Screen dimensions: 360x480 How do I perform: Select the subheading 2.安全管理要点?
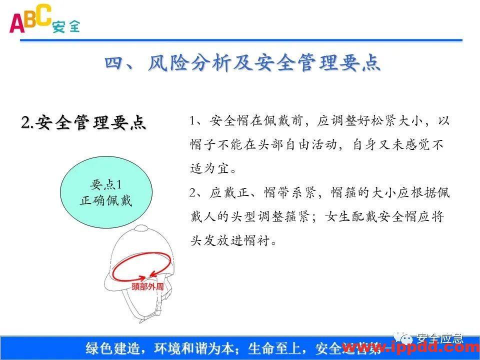click(x=83, y=122)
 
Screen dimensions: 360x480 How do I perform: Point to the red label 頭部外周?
click(x=147, y=287)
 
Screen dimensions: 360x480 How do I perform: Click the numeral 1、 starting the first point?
click(x=196, y=121)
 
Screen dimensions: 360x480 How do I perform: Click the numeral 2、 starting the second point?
click(x=196, y=193)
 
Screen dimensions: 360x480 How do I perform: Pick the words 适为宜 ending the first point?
click(x=212, y=169)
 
